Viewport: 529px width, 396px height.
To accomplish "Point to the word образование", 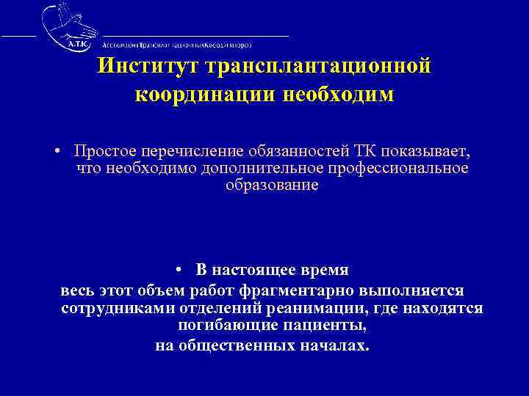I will (x=272, y=185).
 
